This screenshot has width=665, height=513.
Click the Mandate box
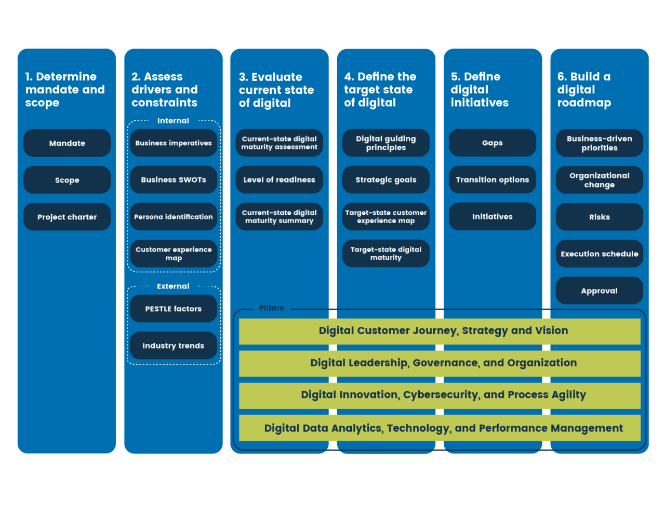click(67, 143)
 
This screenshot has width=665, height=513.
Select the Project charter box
click(67, 217)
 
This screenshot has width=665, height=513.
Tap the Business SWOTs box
click(174, 180)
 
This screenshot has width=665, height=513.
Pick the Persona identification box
click(174, 217)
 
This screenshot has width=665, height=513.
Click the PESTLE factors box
click(174, 309)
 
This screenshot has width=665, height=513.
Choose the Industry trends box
click(174, 345)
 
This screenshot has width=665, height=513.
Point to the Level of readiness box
click(280, 180)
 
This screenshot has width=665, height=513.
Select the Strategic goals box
click(386, 180)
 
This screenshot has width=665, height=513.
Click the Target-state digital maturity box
click(386, 254)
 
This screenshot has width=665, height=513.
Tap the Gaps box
click(493, 143)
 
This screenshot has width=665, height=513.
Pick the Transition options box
click(493, 180)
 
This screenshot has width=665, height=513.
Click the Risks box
click(600, 217)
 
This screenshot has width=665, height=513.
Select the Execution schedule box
click(600, 254)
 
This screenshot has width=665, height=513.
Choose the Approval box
click(600, 291)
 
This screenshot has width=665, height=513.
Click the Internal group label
click(174, 121)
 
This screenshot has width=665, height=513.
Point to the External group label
click(174, 286)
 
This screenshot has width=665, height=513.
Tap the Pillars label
click(271, 308)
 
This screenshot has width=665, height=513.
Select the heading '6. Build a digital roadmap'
click(584, 90)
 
